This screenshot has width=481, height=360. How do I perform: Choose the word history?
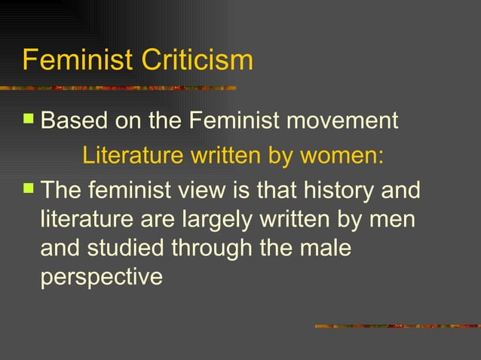338,191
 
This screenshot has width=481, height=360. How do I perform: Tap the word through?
222,248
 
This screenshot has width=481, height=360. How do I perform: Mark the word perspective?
101,276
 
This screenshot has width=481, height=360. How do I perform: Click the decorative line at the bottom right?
397,326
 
